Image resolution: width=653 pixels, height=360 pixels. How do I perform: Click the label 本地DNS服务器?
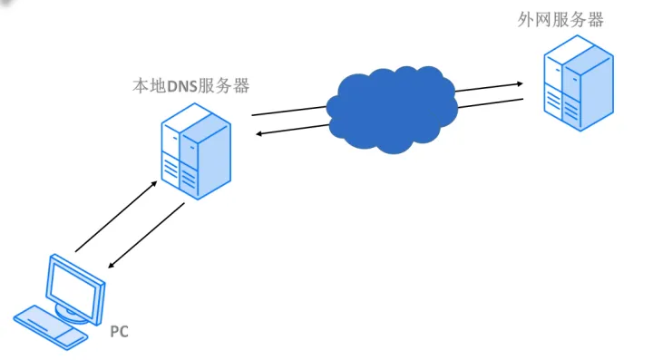coord(190,86)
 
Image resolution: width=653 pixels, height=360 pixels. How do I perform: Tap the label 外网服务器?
coord(560,20)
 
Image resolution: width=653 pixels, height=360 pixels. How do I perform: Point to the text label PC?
coord(119,332)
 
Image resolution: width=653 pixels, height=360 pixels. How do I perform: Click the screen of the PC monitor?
coord(75,285)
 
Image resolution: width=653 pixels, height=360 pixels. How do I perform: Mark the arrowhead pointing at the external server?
coord(520,83)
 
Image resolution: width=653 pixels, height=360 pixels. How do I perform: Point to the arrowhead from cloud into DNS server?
coord(258,134)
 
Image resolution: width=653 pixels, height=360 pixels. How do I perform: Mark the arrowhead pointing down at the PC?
coord(112,267)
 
